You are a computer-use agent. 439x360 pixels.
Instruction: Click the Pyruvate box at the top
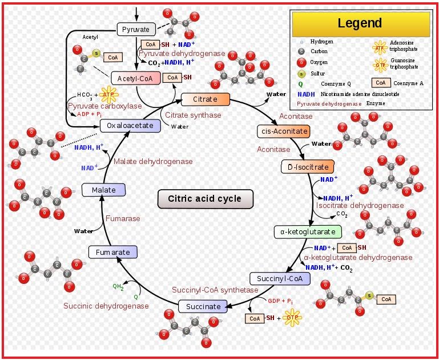(136, 29)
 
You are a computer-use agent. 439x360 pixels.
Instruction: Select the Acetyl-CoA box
(136, 78)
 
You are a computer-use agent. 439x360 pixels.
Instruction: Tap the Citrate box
(205, 99)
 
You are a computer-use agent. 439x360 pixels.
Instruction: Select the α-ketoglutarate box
(308, 231)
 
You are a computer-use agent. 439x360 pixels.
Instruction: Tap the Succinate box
(203, 306)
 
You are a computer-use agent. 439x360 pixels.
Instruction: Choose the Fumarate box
(112, 252)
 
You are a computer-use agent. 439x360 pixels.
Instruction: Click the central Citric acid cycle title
(204, 199)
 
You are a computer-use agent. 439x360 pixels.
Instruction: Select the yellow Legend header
(360, 23)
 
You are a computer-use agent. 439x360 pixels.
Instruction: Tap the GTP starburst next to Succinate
(292, 318)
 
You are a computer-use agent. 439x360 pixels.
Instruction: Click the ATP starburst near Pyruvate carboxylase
(108, 94)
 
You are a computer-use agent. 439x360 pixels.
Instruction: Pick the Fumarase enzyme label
(123, 218)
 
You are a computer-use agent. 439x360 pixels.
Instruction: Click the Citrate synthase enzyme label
(193, 115)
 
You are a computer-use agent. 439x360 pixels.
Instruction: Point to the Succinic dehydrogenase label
(106, 306)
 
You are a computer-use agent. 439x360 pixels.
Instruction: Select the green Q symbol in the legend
(300, 83)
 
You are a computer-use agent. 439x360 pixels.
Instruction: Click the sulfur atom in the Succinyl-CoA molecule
(369, 296)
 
